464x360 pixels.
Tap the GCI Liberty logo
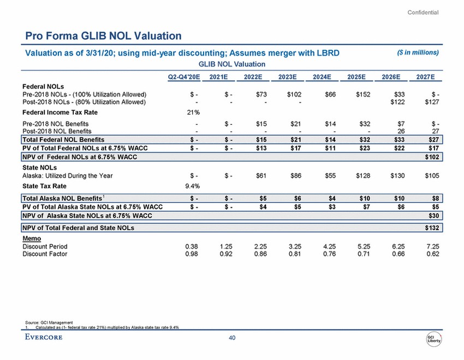coord(435,339)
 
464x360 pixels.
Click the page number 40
coord(232,339)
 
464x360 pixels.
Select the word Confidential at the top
coord(424,12)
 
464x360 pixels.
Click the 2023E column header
coord(288,76)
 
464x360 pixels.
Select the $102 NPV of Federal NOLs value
coord(432,158)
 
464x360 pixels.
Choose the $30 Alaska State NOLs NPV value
coord(434,217)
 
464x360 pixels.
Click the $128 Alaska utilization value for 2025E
coord(361,175)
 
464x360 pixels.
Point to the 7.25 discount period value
coord(432,247)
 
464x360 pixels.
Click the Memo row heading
coord(31,238)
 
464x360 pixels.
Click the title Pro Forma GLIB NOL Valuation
coord(103,36)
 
